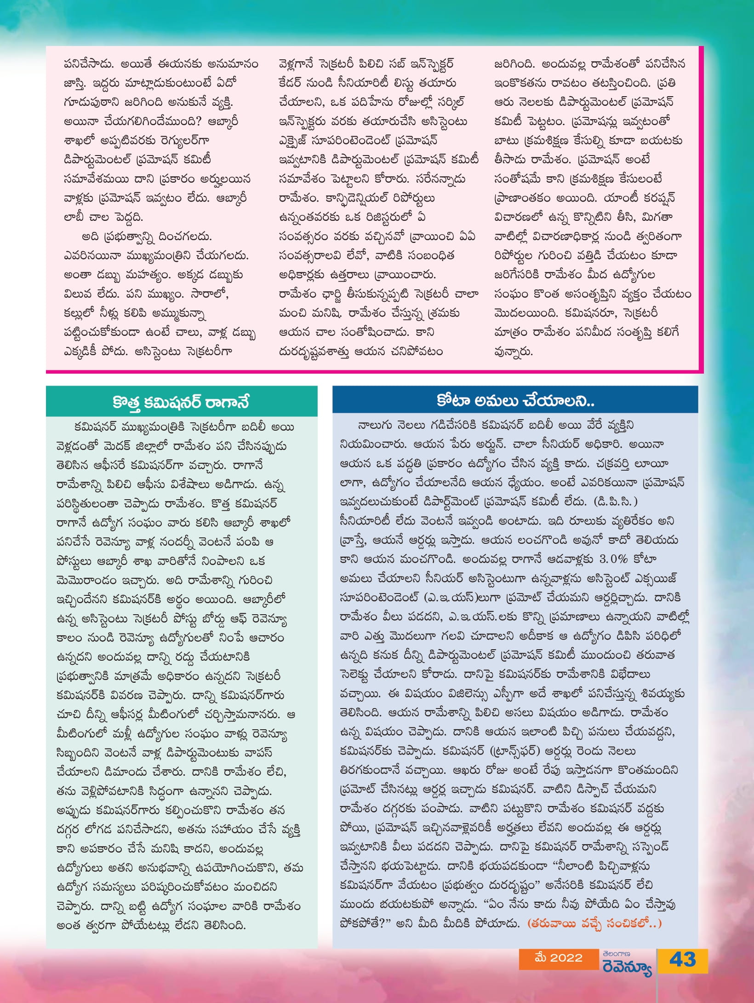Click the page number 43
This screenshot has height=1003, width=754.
682,960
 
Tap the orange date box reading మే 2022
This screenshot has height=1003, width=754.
558,958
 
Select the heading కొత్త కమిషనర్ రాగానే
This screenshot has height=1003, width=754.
181,402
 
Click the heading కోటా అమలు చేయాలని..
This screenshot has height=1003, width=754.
515,400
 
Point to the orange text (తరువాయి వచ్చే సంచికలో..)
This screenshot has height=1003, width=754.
594,923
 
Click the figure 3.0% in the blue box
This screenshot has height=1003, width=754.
614,559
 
